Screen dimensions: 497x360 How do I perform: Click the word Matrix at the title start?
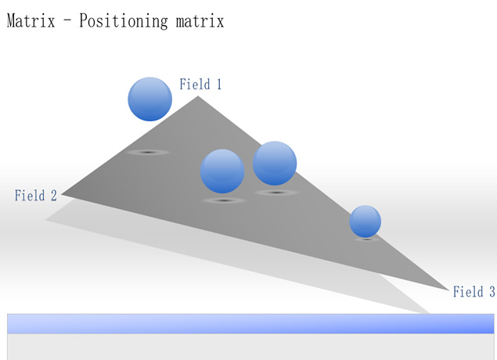(x=31, y=21)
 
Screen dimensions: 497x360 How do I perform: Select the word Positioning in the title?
(x=124, y=22)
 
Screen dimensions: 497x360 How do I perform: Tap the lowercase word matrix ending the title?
(x=200, y=21)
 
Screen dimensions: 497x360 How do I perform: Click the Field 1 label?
(x=200, y=85)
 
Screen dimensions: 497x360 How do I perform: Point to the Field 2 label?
(x=36, y=195)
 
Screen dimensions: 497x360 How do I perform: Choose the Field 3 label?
(x=474, y=292)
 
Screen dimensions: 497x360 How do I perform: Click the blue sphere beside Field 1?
(x=150, y=99)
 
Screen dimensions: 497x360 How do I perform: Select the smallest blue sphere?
(x=366, y=221)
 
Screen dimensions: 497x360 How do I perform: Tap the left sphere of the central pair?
(x=222, y=171)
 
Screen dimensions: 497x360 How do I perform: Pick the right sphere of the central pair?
(x=275, y=164)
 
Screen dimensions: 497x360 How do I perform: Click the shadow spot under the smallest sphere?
(x=367, y=239)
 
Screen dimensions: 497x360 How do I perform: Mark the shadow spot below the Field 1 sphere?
(x=148, y=153)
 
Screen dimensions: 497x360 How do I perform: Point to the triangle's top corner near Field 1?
(x=198, y=96)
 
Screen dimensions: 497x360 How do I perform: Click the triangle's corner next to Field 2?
(x=61, y=194)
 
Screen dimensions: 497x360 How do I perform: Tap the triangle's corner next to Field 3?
(x=449, y=290)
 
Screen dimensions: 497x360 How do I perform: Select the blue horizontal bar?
(x=250, y=323)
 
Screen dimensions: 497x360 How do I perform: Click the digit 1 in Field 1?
(x=218, y=84)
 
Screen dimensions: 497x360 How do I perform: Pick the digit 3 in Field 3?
(x=492, y=292)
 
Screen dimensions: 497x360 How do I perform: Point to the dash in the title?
(x=67, y=22)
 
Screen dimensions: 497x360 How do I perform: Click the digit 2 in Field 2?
(x=54, y=195)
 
